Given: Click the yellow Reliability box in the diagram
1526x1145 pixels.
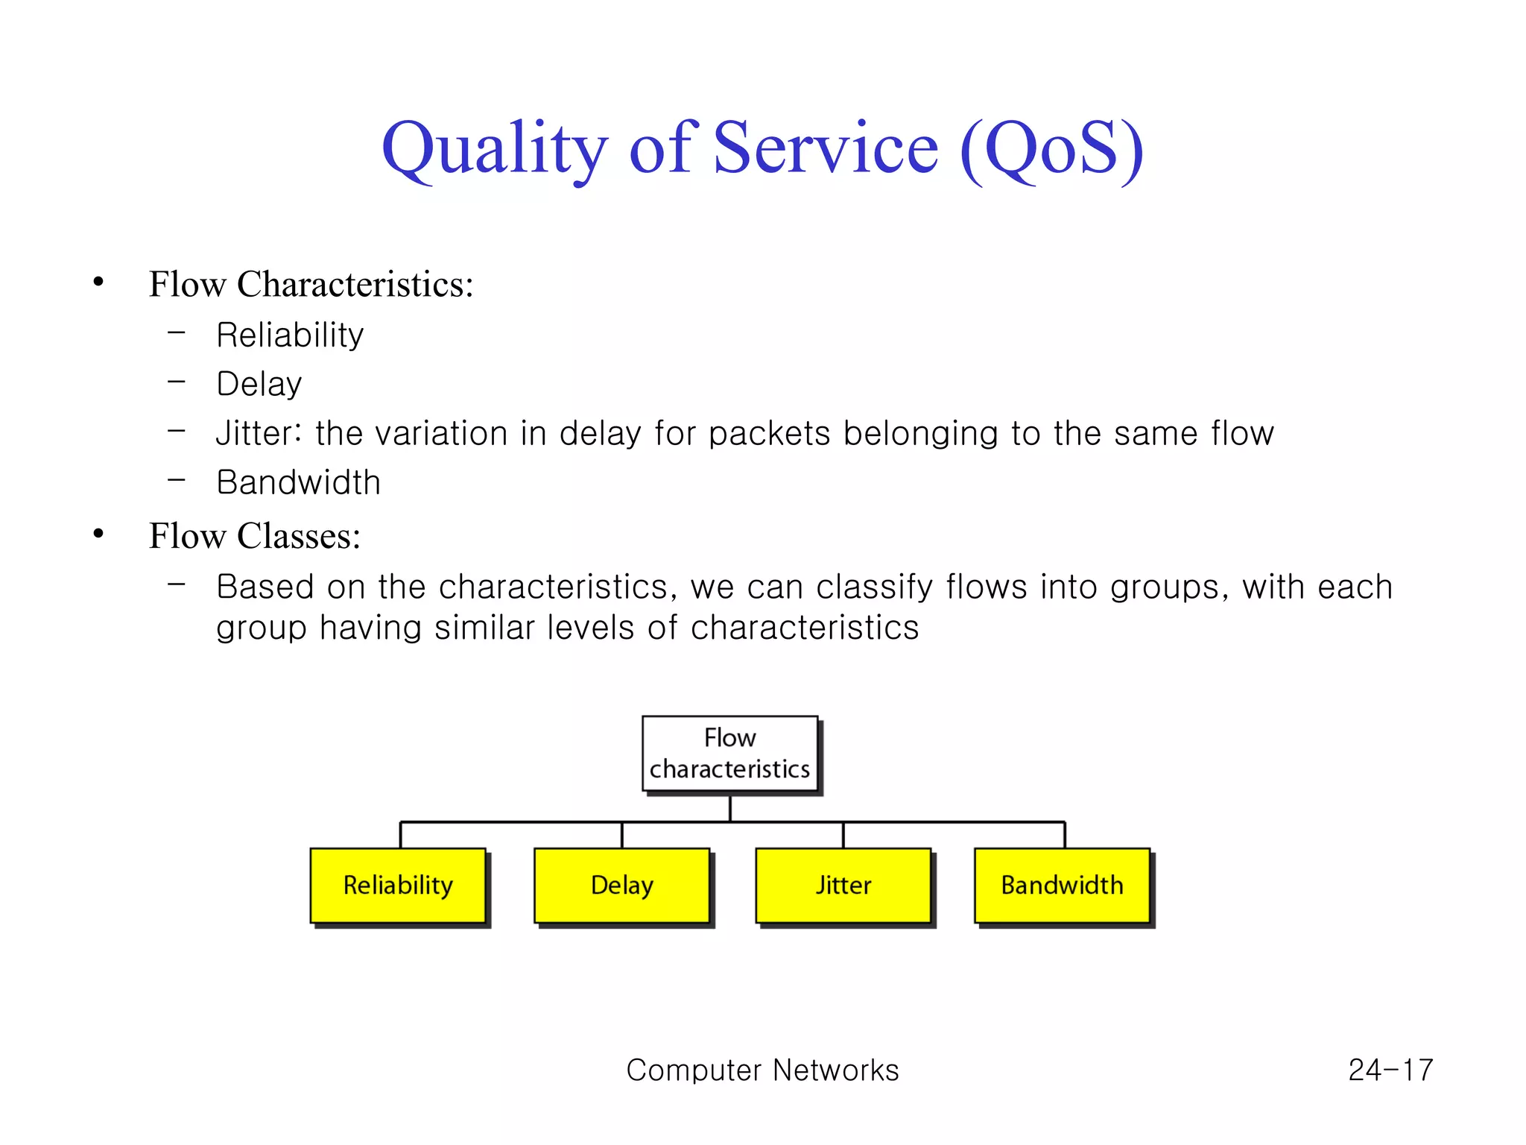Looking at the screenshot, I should pyautogui.click(x=398, y=886).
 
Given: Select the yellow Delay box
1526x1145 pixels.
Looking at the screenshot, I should pyautogui.click(x=621, y=886).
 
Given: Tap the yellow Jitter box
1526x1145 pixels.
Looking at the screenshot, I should pyautogui.click(x=843, y=886).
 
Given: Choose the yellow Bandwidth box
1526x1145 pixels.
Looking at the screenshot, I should pyautogui.click(x=1062, y=886).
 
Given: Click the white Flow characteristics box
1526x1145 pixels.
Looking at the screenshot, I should pyautogui.click(x=729, y=754).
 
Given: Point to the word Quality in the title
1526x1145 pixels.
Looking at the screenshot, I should pyautogui.click(x=494, y=148).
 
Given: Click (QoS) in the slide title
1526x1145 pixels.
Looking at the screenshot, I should pyautogui.click(x=1051, y=148).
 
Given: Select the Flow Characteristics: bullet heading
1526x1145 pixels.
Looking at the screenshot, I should pyautogui.click(x=311, y=285).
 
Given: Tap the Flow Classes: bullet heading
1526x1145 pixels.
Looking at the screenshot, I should pyautogui.click(x=255, y=537).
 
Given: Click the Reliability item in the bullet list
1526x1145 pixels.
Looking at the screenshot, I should pyautogui.click(x=290, y=335).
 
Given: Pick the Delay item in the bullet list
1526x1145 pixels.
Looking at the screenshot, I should pyautogui.click(x=259, y=385).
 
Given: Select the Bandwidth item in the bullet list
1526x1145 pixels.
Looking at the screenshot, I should pyautogui.click(x=298, y=483).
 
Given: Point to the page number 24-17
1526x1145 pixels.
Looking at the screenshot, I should pyautogui.click(x=1390, y=1070).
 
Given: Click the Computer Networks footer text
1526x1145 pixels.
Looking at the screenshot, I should pyautogui.click(x=762, y=1070).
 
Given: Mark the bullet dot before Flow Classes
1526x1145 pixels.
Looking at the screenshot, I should pyautogui.click(x=98, y=534).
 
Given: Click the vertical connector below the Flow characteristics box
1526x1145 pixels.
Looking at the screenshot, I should pyautogui.click(x=730, y=808).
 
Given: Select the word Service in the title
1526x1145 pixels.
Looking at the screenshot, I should pyautogui.click(x=826, y=148).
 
